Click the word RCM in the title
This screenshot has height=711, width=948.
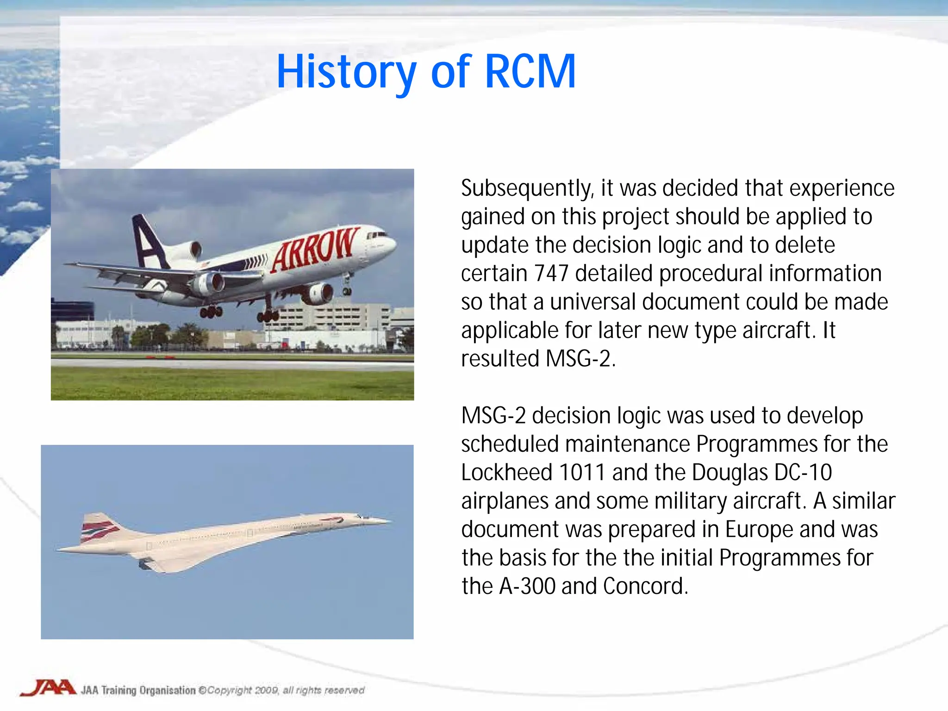530,72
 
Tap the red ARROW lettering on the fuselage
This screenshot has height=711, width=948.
315,249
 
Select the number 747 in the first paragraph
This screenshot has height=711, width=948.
550,274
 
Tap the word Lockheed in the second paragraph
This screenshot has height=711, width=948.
507,473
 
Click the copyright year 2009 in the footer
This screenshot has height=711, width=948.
267,690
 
